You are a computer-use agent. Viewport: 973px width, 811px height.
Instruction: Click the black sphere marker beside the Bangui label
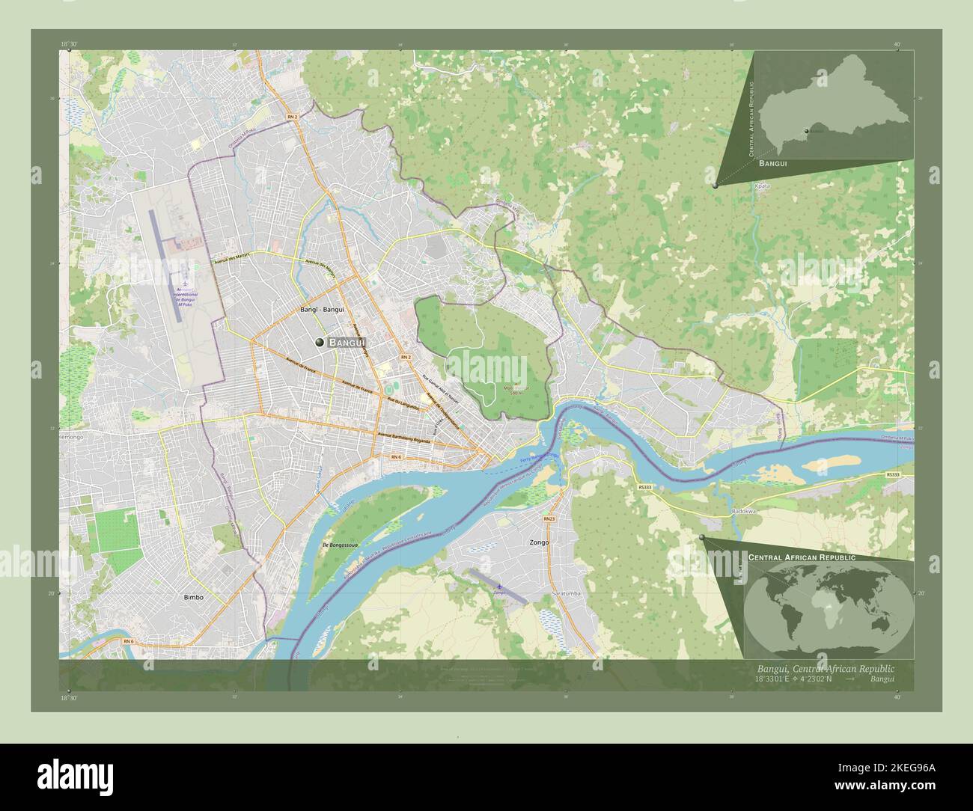[x=320, y=342]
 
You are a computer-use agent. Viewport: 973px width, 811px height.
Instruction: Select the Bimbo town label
[x=193, y=598]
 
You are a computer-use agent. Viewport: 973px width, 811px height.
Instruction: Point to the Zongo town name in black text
[x=539, y=542]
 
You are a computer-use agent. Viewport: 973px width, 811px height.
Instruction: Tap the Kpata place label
[x=762, y=185]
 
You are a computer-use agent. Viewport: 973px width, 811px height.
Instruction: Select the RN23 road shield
[x=549, y=518]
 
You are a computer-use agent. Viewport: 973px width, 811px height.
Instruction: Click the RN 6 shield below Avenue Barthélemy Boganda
[x=395, y=456]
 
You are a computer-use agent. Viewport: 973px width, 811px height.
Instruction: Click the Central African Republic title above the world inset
[x=802, y=558]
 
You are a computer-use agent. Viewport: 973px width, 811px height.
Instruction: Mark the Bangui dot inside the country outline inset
[x=806, y=131]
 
